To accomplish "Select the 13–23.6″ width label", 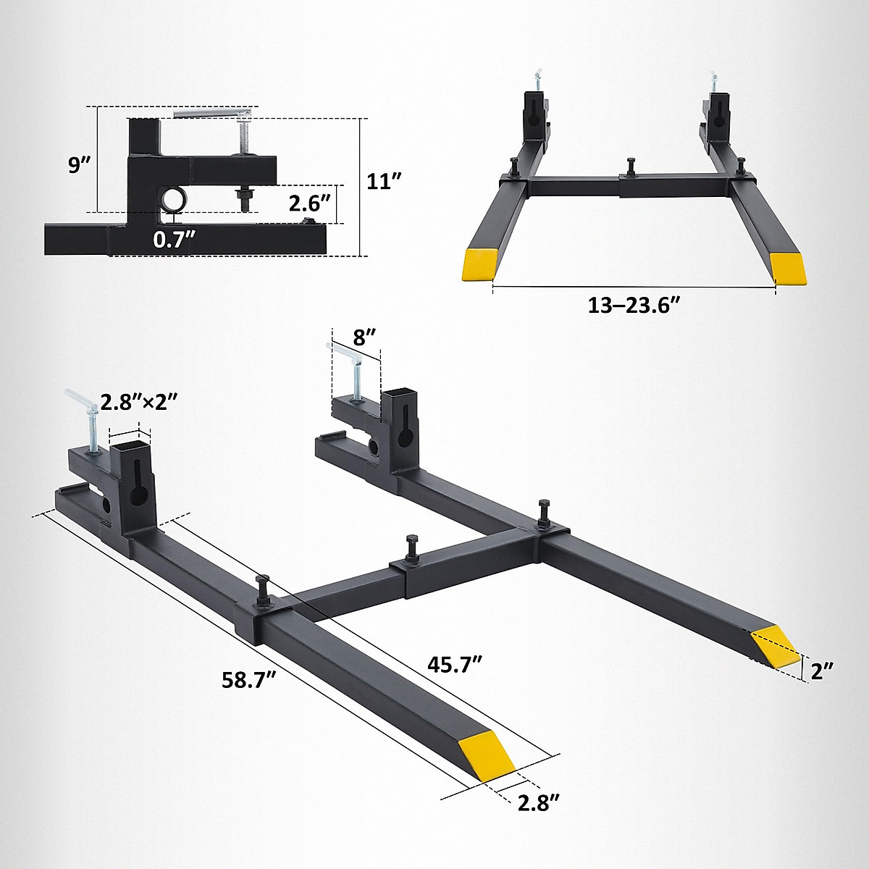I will [634, 306].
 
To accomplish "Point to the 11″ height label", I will [385, 181].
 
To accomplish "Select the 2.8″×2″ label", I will [139, 401].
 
